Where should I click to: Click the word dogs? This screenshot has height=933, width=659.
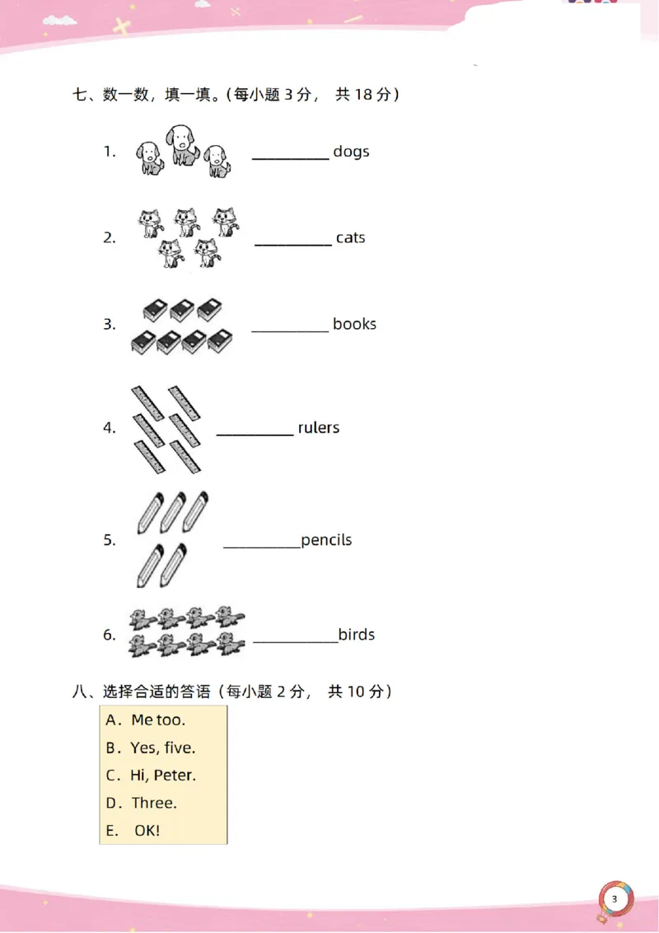point(351,152)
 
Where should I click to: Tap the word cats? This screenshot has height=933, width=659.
point(350,237)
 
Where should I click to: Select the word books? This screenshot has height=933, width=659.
point(354,324)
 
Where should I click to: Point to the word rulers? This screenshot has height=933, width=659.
point(318,427)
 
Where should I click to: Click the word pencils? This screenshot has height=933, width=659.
point(326,541)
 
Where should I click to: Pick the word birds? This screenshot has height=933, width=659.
point(356,635)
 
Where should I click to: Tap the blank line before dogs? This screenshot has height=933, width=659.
point(290,159)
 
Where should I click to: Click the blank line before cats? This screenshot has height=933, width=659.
point(293,245)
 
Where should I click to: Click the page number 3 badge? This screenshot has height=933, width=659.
point(615,899)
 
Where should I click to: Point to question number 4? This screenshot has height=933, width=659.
point(110,428)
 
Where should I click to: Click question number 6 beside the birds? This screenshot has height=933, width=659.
point(110,635)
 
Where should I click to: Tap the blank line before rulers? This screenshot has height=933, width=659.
point(255,435)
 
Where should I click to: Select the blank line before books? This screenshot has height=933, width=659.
point(290,331)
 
